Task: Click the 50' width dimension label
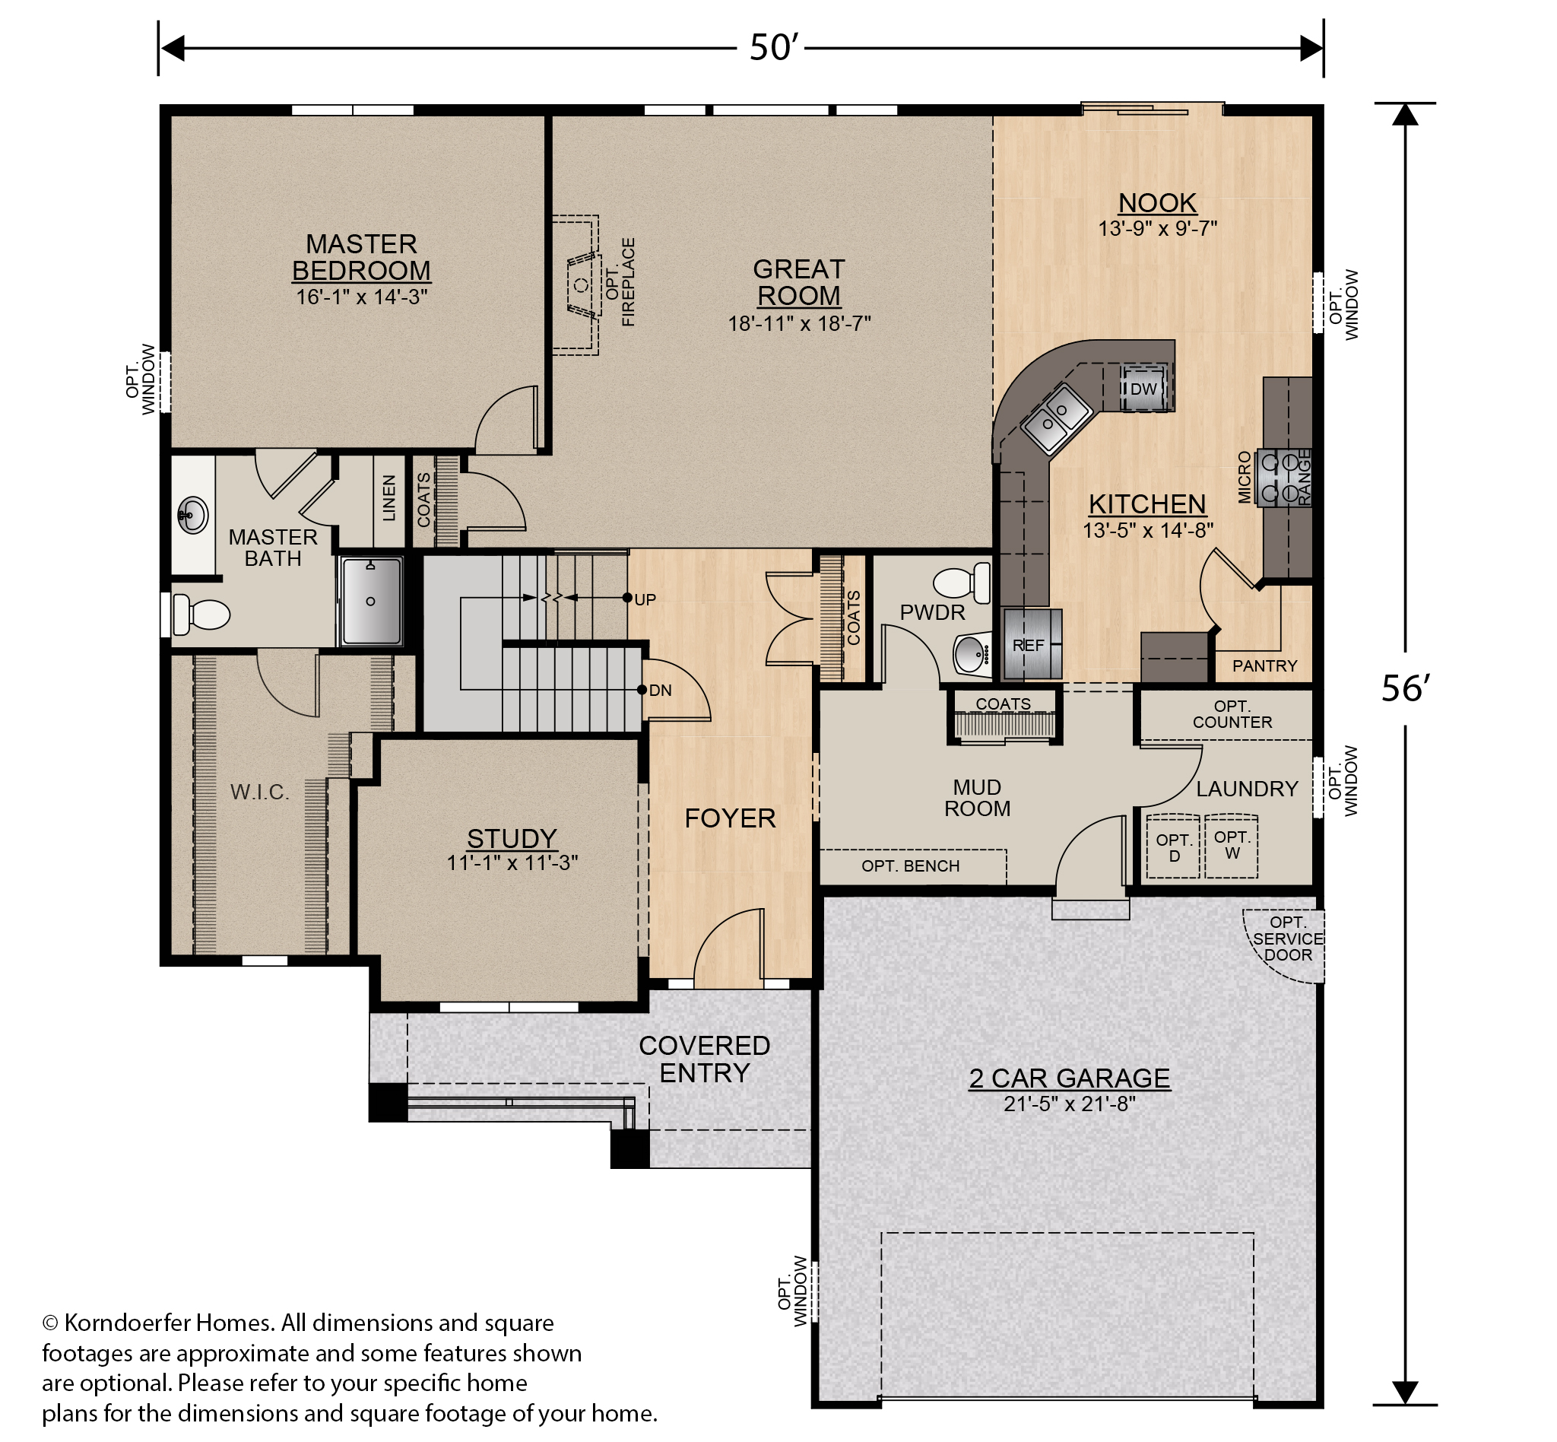[x=771, y=49]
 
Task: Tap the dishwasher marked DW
[x=1144, y=388]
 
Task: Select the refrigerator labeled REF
[x=1031, y=643]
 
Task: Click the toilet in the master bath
[x=201, y=614]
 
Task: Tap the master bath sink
[x=192, y=515]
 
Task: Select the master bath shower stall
[x=371, y=601]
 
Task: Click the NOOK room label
[x=1157, y=203]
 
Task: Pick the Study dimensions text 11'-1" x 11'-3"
[x=512, y=863]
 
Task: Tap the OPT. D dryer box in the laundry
[x=1173, y=847]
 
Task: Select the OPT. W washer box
[x=1232, y=845]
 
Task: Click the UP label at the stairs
[x=645, y=599]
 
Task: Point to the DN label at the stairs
[x=660, y=690]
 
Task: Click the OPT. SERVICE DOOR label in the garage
[x=1288, y=939]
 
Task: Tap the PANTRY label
[x=1264, y=665]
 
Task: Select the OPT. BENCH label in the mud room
[x=910, y=866]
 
